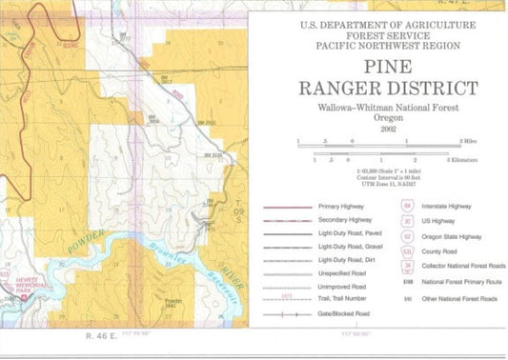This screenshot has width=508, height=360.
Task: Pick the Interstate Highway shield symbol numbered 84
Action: tap(407, 205)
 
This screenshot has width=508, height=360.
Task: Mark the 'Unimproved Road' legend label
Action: tap(344, 282)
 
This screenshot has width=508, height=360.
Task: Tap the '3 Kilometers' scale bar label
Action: tap(467, 159)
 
